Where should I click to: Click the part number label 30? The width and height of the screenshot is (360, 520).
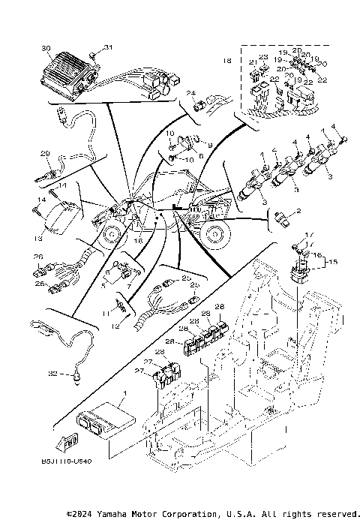tap(46, 48)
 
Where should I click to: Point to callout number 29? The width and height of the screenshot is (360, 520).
tap(44, 154)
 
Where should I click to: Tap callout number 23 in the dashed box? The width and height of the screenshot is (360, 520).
tap(263, 58)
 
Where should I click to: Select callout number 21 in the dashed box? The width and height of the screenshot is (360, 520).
tap(252, 64)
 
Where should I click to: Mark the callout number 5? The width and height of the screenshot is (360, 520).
tap(103, 285)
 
